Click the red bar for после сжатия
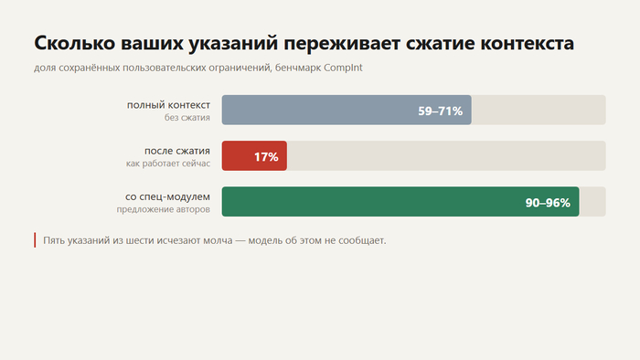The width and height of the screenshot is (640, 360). pyautogui.click(x=254, y=155)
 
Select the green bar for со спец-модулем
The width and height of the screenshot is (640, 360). pyautogui.click(x=400, y=201)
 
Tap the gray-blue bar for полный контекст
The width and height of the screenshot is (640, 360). pyautogui.click(x=347, y=110)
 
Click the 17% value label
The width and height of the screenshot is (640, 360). pyautogui.click(x=266, y=156)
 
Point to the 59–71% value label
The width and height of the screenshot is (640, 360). pyautogui.click(x=440, y=111)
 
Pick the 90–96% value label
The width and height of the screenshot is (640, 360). pyautogui.click(x=548, y=203)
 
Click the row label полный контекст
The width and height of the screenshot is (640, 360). pyautogui.click(x=168, y=105)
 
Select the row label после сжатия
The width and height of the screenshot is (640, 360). pyautogui.click(x=177, y=151)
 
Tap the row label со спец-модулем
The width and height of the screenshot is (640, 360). pyautogui.click(x=167, y=197)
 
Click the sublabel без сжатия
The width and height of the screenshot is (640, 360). pyautogui.click(x=187, y=118)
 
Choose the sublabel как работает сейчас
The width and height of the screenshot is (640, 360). pyautogui.click(x=168, y=164)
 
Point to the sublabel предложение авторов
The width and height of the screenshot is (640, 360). pyautogui.click(x=164, y=209)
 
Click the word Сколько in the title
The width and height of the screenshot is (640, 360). pyautogui.click(x=75, y=43)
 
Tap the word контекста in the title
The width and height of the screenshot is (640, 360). pyautogui.click(x=527, y=43)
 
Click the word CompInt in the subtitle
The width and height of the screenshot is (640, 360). pyautogui.click(x=343, y=68)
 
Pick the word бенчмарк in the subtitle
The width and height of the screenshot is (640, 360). pyautogui.click(x=297, y=68)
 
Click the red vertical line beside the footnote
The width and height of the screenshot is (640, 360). pyautogui.click(x=35, y=240)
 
